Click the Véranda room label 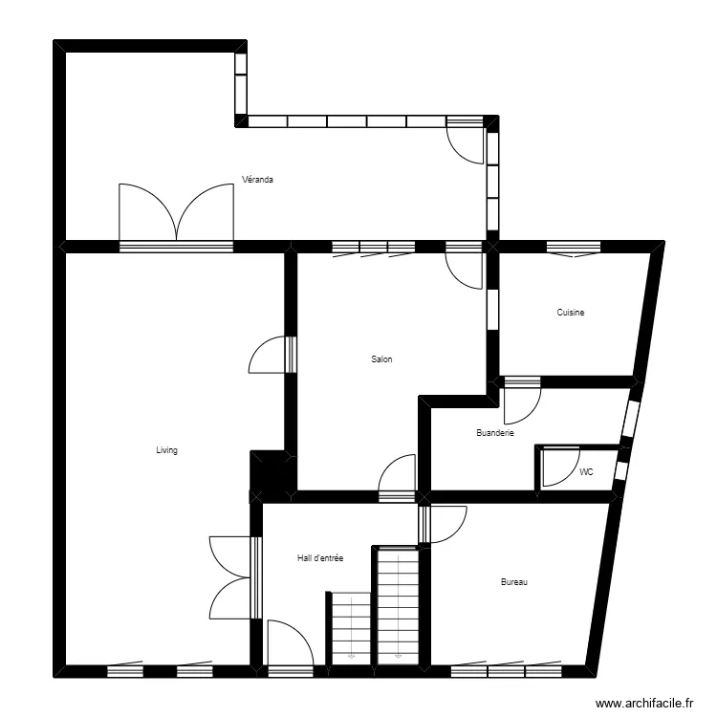[x=258, y=179]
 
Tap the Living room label [x=167, y=450]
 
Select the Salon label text [x=382, y=359]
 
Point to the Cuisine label [x=571, y=313]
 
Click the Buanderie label [x=495, y=433]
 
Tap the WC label [x=586, y=472]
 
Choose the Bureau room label [x=514, y=582]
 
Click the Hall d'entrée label [x=320, y=558]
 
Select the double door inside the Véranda [x=177, y=212]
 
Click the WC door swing [x=558, y=468]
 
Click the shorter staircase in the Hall [x=351, y=627]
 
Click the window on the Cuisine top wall [x=574, y=248]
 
